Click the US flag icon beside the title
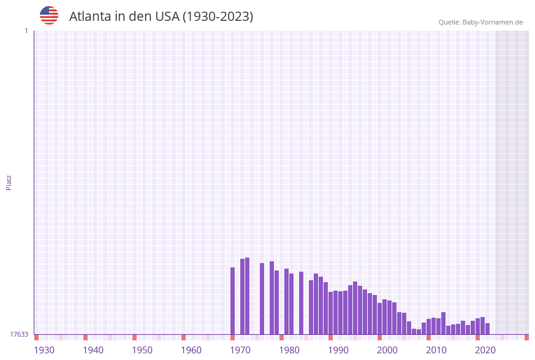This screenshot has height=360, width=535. (49, 15)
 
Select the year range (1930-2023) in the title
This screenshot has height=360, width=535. (218, 17)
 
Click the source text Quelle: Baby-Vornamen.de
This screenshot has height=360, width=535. (480, 22)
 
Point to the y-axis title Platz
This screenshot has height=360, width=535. (9, 182)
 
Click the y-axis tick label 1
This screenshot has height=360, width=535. (26, 31)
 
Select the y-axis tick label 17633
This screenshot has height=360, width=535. (19, 334)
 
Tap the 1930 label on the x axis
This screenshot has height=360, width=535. (44, 350)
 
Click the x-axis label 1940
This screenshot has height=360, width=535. (93, 350)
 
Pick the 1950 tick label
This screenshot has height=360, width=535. (142, 350)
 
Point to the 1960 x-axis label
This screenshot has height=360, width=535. (191, 350)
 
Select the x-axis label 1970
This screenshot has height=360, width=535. (240, 350)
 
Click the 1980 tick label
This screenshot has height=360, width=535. (289, 350)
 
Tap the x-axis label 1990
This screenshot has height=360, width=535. (338, 350)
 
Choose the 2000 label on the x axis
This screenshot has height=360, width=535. (387, 350)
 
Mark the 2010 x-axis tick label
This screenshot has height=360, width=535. (436, 350)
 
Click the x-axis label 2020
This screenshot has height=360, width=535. (485, 350)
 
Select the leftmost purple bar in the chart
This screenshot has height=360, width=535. (233, 301)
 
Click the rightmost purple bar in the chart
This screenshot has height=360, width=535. (488, 329)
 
